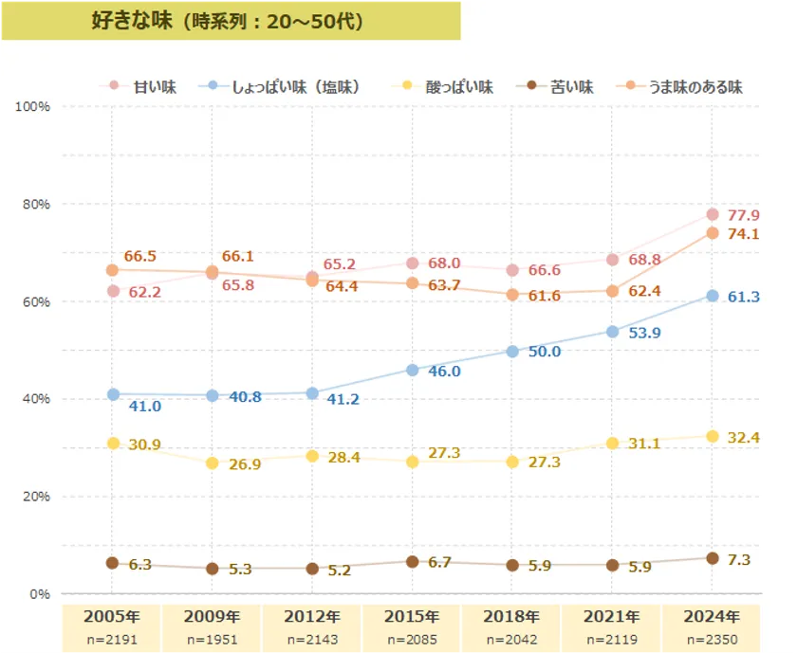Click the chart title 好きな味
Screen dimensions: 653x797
[228, 20]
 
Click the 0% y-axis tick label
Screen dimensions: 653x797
[37, 594]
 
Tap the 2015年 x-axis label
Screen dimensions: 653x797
[412, 615]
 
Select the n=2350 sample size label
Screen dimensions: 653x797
[713, 640]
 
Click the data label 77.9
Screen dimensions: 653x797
[744, 215]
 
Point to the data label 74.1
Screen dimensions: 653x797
[744, 234]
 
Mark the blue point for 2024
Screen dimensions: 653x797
[713, 296]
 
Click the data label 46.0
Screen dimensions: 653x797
[444, 372]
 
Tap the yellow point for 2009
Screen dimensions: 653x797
[213, 463]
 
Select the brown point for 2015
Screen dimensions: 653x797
[412, 562]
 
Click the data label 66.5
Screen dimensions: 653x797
[140, 257]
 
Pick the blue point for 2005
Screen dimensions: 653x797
[113, 394]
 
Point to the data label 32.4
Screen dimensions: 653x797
[744, 439]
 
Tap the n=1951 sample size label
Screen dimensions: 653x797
[213, 640]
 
